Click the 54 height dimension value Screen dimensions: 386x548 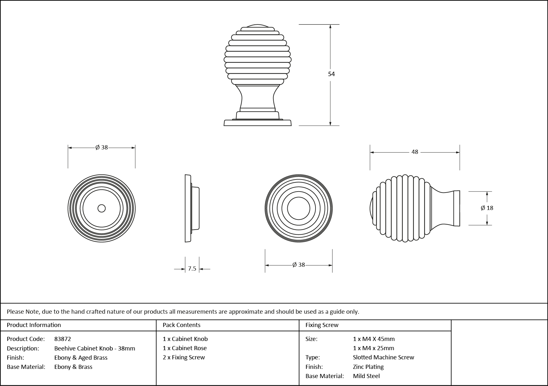coord(331,74)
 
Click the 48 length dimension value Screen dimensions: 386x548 coord(415,152)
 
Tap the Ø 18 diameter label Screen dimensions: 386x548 coord(487,208)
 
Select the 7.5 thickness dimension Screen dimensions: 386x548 coord(192,269)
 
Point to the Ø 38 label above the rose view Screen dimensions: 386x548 coord(102,147)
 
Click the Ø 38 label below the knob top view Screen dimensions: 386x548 coord(299,265)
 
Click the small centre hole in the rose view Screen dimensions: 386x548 coord(102,208)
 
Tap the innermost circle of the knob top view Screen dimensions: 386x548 coord(299,208)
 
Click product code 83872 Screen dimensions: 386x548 coord(63,339)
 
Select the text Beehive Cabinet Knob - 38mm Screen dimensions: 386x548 coord(95,348)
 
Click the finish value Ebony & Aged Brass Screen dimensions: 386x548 coord(81,357)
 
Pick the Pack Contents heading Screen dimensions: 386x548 coord(182,325)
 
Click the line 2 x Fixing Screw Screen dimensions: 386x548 coord(184,357)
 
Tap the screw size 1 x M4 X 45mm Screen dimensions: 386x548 coord(374,339)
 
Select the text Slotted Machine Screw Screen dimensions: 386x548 coord(383,357)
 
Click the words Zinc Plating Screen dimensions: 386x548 coord(368,367)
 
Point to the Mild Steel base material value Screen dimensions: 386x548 coord(366,376)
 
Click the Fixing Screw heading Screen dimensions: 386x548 coord(322,325)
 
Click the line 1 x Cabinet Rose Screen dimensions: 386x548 coord(185,348)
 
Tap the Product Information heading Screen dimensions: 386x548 coord(34,325)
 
